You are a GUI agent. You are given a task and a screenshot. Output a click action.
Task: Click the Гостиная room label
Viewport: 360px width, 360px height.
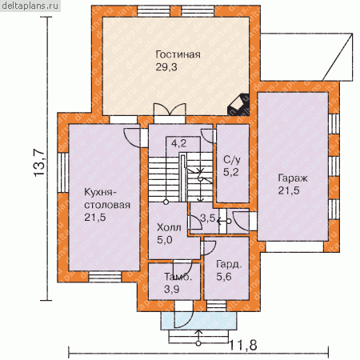click(x=178, y=54)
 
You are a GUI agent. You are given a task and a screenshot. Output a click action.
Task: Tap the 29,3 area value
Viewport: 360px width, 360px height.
click(x=166, y=67)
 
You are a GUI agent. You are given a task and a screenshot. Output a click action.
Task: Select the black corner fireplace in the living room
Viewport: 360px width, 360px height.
click(x=238, y=104)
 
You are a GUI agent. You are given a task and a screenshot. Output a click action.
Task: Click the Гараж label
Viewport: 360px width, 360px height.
click(x=293, y=178)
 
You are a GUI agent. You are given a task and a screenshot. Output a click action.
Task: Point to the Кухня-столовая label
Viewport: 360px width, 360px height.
click(x=107, y=198)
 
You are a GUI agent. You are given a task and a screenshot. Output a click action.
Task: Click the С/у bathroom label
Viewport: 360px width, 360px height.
click(x=232, y=160)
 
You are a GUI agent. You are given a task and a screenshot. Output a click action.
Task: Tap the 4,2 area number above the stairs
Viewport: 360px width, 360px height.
click(x=178, y=144)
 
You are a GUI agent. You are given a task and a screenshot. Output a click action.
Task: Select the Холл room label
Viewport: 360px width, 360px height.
click(x=169, y=227)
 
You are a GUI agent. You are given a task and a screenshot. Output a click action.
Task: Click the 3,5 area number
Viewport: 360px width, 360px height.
click(x=208, y=218)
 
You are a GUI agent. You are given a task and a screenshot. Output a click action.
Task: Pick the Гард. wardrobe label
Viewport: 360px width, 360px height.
click(x=229, y=264)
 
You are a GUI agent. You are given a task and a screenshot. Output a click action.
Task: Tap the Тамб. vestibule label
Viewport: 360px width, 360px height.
click(x=178, y=277)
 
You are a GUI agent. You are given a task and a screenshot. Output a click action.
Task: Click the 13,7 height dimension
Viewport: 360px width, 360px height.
click(x=39, y=163)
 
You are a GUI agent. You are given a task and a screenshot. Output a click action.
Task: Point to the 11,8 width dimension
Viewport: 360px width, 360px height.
click(x=243, y=346)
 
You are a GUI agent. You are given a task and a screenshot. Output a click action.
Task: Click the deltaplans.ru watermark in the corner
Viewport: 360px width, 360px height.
click(x=30, y=6)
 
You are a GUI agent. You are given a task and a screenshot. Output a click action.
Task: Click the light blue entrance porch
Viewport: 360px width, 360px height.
click(x=198, y=321)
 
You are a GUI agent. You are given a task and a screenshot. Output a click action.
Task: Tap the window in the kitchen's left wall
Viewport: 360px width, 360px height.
click(x=63, y=173)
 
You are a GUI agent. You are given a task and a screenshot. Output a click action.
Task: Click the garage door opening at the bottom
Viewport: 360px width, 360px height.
click(x=294, y=247)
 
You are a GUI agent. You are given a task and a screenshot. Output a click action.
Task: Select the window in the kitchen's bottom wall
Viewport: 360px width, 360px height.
click(x=105, y=277)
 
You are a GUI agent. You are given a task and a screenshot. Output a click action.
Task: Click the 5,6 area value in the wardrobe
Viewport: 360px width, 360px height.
click(x=224, y=277)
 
